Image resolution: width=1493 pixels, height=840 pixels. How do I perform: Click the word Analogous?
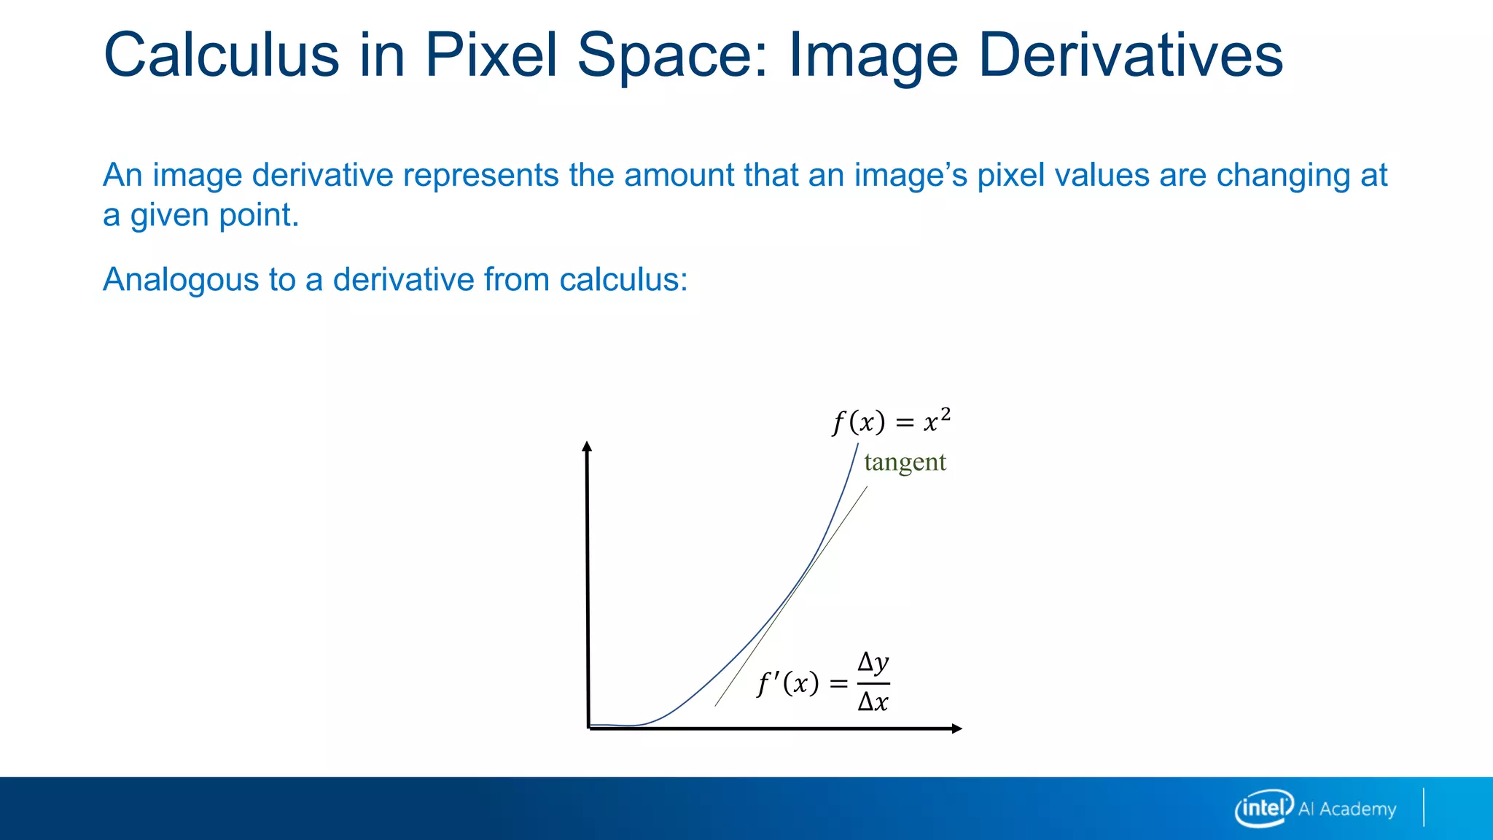[179, 280]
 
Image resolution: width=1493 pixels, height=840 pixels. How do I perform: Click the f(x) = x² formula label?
[891, 421]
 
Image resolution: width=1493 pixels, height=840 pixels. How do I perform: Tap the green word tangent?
[905, 462]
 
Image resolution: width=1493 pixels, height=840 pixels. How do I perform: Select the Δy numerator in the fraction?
[873, 663]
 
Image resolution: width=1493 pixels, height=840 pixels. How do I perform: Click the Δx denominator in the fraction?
[873, 702]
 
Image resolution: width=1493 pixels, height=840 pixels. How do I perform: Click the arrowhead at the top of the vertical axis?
[587, 446]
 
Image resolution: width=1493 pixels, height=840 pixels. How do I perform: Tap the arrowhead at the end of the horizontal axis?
[957, 728]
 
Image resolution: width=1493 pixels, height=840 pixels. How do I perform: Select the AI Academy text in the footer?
[1347, 809]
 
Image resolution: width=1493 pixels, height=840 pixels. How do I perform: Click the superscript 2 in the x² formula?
[945, 414]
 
